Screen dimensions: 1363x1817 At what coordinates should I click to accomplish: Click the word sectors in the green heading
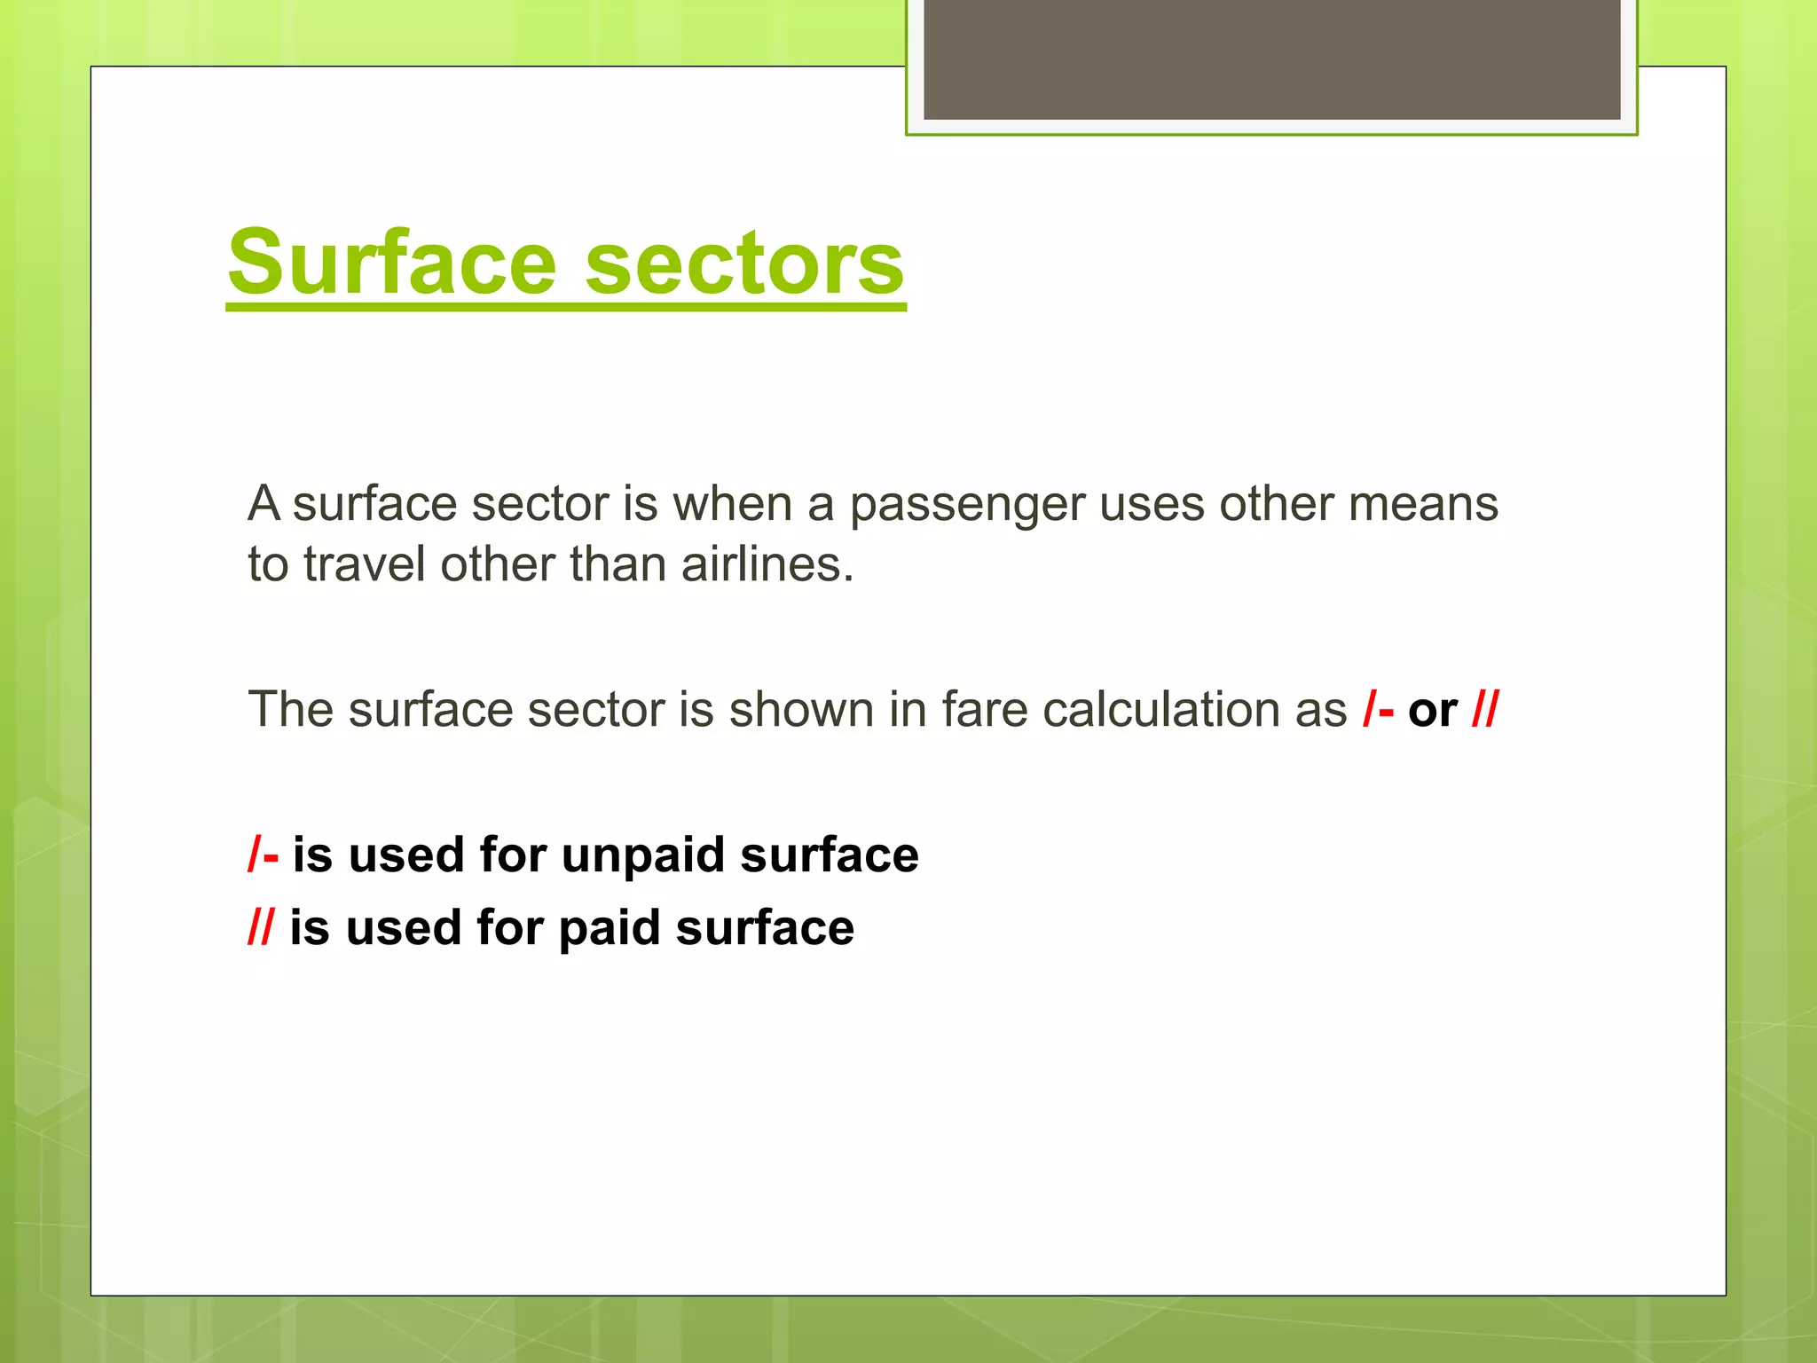744,264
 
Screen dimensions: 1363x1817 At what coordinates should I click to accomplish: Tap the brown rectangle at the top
1271,59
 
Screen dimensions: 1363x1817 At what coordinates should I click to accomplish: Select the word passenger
967,505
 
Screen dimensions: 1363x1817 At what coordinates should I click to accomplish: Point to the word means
1423,504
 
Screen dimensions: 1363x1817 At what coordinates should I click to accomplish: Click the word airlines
767,564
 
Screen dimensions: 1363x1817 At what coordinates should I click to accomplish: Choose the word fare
985,710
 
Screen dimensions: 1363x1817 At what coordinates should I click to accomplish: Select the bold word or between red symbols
1433,710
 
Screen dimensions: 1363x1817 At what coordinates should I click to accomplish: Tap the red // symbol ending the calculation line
1485,710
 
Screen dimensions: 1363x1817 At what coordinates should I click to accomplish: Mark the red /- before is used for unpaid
264,855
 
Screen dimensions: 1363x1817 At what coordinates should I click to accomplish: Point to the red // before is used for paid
261,928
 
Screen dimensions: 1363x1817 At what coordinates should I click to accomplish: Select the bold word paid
610,929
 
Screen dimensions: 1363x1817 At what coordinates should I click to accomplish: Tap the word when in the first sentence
732,504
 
